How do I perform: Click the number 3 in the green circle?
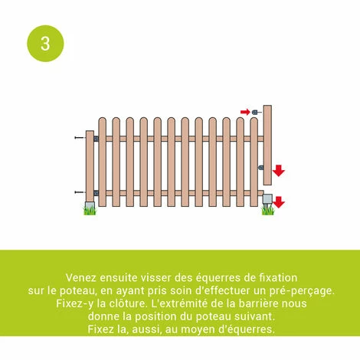pos(45,43)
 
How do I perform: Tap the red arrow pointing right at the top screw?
pos(245,112)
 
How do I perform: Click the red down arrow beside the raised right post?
pos(278,170)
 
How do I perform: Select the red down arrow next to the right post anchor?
pos(279,202)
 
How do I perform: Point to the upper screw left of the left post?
pos(79,138)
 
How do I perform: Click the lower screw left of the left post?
pos(79,192)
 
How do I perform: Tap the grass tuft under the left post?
pos(90,209)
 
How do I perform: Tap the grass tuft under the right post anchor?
pos(268,209)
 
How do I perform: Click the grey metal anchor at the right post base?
pos(267,199)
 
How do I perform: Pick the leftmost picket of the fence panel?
pos(102,165)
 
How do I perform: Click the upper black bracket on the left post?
pos(96,139)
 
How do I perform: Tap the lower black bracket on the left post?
pos(96,192)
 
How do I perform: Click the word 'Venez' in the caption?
pos(82,277)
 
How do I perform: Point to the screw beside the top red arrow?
pos(257,112)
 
